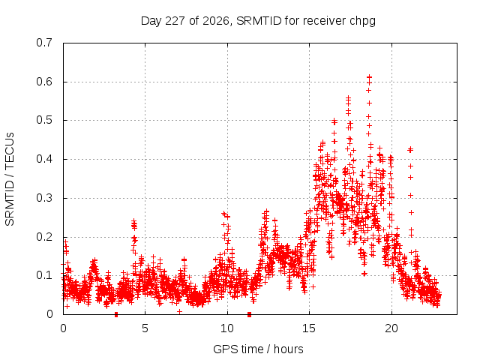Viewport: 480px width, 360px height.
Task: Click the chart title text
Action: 258,21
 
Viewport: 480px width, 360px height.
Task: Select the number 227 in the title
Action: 175,21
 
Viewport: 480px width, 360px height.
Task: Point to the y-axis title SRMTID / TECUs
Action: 10,179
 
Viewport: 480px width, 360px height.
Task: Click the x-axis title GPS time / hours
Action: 258,349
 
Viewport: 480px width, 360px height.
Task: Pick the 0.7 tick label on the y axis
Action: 44,43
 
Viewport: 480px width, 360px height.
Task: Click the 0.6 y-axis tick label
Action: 44,82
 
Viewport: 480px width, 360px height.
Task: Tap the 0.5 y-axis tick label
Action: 44,120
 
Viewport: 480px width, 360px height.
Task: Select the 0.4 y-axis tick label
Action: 44,159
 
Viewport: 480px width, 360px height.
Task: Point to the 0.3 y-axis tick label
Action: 44,198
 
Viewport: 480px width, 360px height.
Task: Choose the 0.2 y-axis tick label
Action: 44,237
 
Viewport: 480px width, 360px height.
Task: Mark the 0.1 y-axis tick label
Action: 44,275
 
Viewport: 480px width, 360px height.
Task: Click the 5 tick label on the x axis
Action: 145,328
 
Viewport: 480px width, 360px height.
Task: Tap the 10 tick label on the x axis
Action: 227,328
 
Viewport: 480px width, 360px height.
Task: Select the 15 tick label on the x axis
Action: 309,328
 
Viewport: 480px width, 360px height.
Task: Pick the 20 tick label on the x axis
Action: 391,328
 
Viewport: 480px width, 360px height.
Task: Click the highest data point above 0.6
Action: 370,76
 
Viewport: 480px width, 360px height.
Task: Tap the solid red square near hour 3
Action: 116,314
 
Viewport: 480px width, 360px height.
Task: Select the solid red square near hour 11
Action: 249,314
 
